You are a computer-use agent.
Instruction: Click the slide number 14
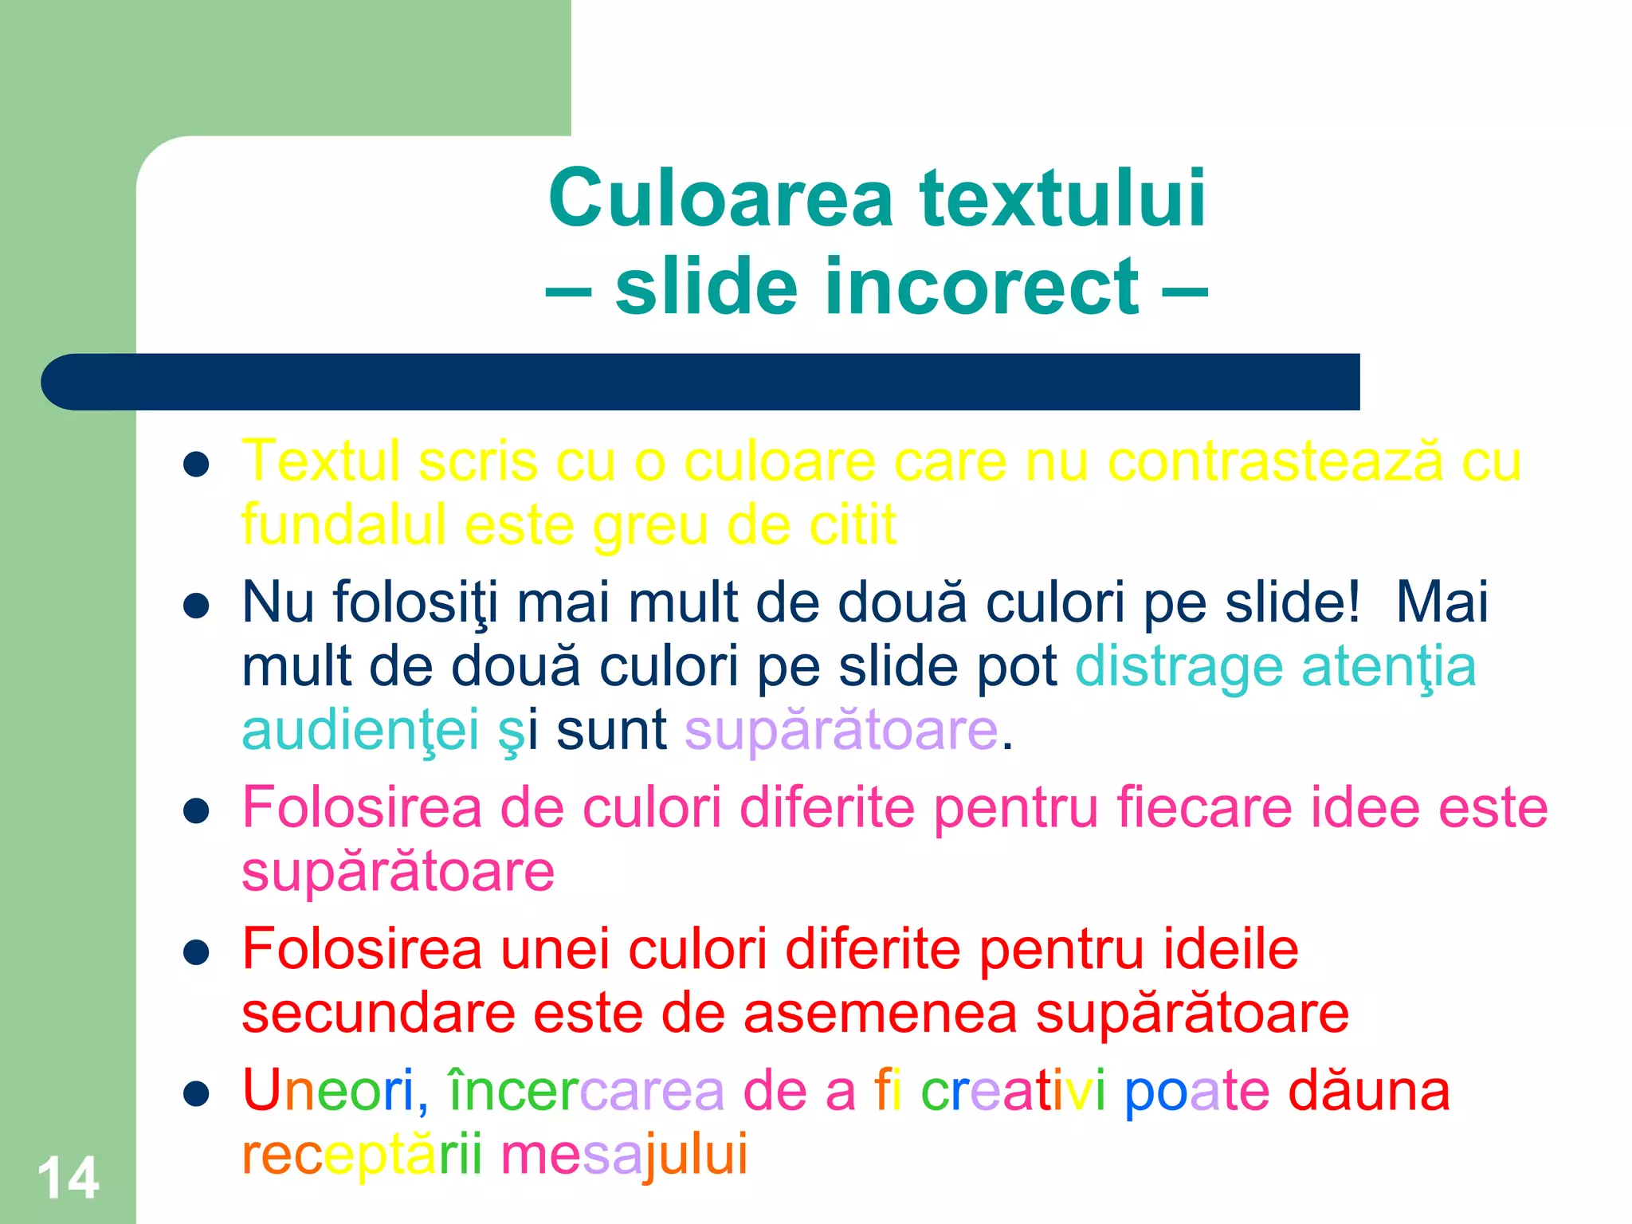pyautogui.click(x=69, y=1178)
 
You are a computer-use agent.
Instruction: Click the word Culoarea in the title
pyautogui.click(x=720, y=198)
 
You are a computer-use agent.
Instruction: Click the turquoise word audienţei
pyautogui.click(x=360, y=731)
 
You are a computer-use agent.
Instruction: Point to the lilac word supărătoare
pyautogui.click(x=841, y=731)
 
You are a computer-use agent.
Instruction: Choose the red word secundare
pyautogui.click(x=379, y=1014)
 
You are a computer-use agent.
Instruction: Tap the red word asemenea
pyautogui.click(x=881, y=1014)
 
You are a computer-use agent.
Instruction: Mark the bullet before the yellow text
pyautogui.click(x=195, y=464)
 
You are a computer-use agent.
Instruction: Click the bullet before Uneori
pyautogui.click(x=195, y=1094)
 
